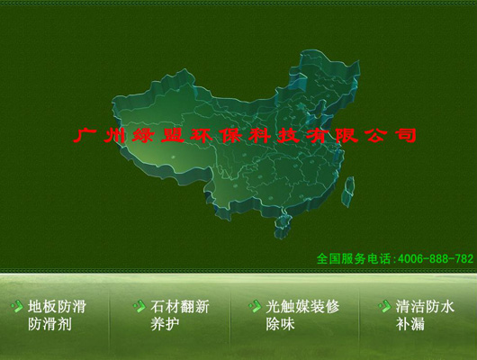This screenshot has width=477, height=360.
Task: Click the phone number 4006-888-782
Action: (435, 258)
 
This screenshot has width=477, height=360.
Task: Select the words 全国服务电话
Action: (355, 258)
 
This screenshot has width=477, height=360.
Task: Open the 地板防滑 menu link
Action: (57, 307)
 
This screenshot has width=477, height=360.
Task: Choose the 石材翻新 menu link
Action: (180, 307)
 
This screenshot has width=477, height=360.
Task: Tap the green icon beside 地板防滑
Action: (17, 307)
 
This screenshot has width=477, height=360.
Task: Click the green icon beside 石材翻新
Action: (139, 307)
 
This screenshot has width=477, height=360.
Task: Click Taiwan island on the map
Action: (350, 187)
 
